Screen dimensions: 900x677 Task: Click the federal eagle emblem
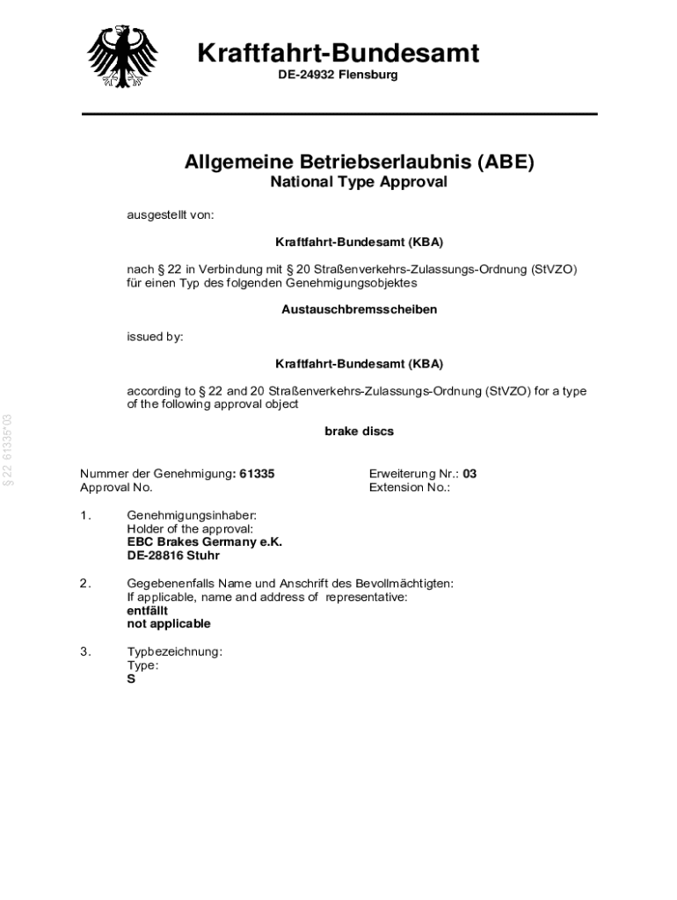click(x=123, y=54)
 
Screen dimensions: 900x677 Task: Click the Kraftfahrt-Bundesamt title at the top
click(x=338, y=54)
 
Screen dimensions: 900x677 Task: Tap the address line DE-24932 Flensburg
click(x=338, y=75)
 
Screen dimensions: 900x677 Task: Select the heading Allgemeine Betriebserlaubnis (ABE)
click(x=359, y=162)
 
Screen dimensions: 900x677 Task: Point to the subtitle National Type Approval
click(x=359, y=182)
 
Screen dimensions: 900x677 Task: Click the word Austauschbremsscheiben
click(x=359, y=309)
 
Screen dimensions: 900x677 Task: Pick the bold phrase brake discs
click(x=359, y=432)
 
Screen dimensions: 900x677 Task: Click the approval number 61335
click(x=257, y=474)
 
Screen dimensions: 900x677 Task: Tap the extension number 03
click(x=470, y=474)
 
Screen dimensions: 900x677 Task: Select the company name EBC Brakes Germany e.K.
click(x=204, y=542)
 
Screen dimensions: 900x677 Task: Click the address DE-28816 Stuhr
click(x=173, y=555)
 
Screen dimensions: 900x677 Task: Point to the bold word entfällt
click(x=148, y=610)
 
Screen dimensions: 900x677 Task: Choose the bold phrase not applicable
click(x=169, y=623)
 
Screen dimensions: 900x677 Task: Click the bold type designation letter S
click(x=131, y=679)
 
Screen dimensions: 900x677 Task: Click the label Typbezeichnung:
click(x=174, y=652)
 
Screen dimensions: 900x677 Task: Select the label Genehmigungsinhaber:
click(x=192, y=515)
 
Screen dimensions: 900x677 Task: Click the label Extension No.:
click(x=409, y=487)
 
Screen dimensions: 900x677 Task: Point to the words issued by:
click(x=156, y=337)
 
